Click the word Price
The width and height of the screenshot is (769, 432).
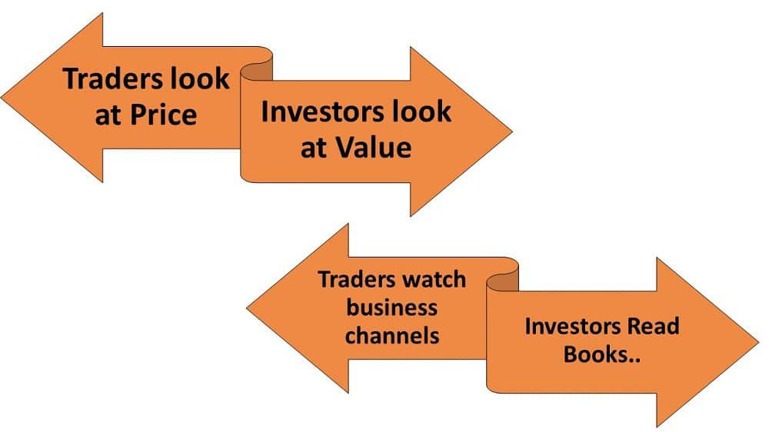click(163, 115)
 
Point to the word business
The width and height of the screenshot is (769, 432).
click(392, 307)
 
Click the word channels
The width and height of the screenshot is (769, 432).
click(392, 336)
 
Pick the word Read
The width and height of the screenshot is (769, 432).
click(654, 326)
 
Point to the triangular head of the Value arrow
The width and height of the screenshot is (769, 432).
click(461, 131)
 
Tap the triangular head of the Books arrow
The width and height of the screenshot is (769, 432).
click(707, 342)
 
